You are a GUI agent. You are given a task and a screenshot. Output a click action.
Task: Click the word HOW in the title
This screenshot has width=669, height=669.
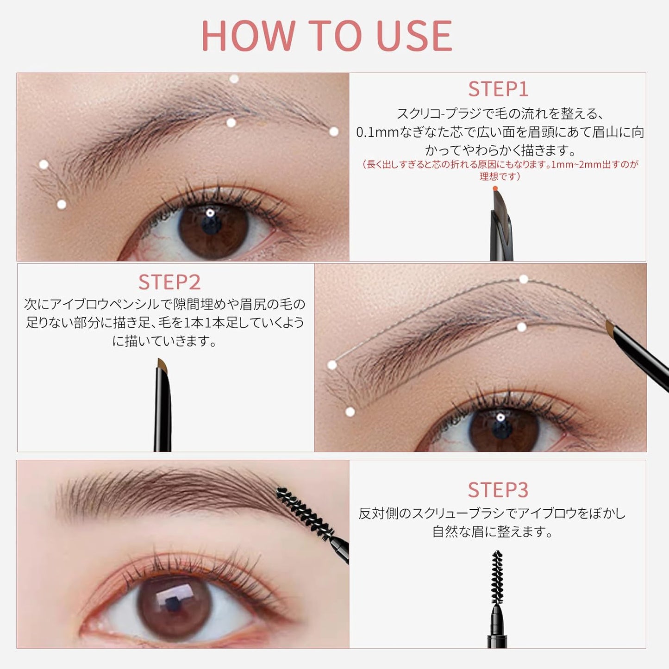(x=248, y=36)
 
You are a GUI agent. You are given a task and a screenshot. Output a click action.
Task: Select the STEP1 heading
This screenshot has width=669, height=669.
(x=498, y=89)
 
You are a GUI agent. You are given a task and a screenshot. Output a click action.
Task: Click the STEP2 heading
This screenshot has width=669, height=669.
(x=169, y=282)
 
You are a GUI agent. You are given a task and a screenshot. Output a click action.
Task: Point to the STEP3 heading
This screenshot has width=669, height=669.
(x=498, y=490)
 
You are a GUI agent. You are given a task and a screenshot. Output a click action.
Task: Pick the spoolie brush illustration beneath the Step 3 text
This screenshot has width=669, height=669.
(x=497, y=576)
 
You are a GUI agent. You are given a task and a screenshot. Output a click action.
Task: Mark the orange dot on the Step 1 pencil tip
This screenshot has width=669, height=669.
(x=495, y=189)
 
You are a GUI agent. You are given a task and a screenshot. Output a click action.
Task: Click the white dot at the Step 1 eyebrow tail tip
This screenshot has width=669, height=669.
(x=334, y=131)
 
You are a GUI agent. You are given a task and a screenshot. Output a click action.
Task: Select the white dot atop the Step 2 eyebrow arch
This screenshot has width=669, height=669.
(x=524, y=279)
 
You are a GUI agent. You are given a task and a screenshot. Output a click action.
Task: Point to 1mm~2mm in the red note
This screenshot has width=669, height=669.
(x=575, y=164)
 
